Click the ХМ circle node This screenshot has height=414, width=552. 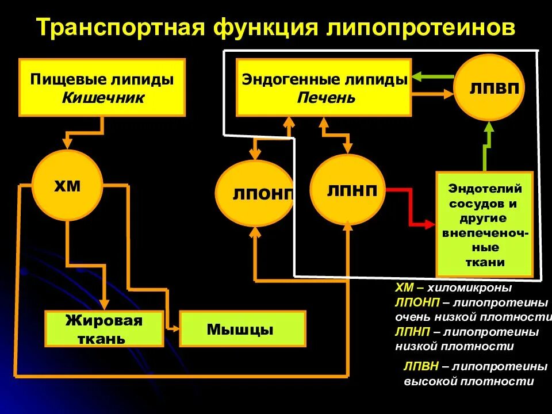tap(67, 186)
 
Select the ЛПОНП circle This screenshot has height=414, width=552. tap(255, 193)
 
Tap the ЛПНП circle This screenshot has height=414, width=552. tap(348, 189)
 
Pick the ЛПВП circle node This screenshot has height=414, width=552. tap(489, 87)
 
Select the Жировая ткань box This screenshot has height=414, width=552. tap(103, 329)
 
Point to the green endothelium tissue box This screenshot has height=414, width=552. tap(484, 224)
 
